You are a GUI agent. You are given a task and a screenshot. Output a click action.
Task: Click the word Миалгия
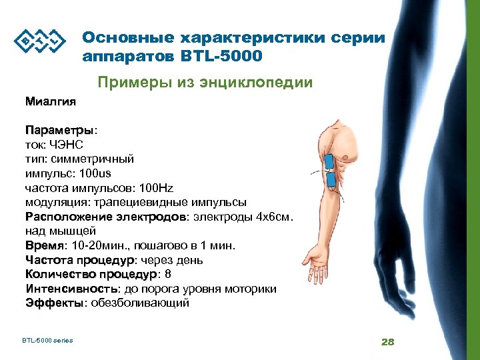[x=51, y=102]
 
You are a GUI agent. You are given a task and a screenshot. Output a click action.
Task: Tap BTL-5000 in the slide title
[x=221, y=56]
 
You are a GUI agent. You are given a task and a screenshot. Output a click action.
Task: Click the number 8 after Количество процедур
[x=167, y=274]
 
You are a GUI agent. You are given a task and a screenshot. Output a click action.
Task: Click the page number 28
[x=388, y=342]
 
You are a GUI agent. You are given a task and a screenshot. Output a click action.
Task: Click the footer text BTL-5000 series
[x=47, y=341]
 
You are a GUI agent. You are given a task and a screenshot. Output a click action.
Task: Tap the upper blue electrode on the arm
[x=329, y=161]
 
